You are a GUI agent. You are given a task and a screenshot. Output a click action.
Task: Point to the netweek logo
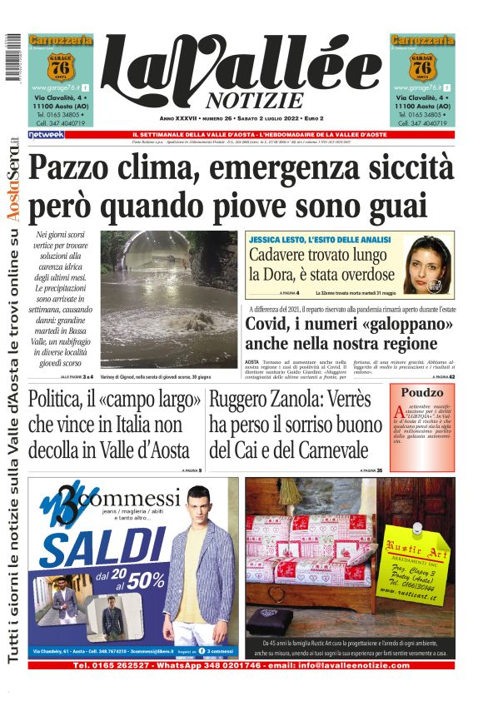(46, 134)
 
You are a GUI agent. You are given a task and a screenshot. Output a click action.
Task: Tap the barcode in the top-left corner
(12, 58)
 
